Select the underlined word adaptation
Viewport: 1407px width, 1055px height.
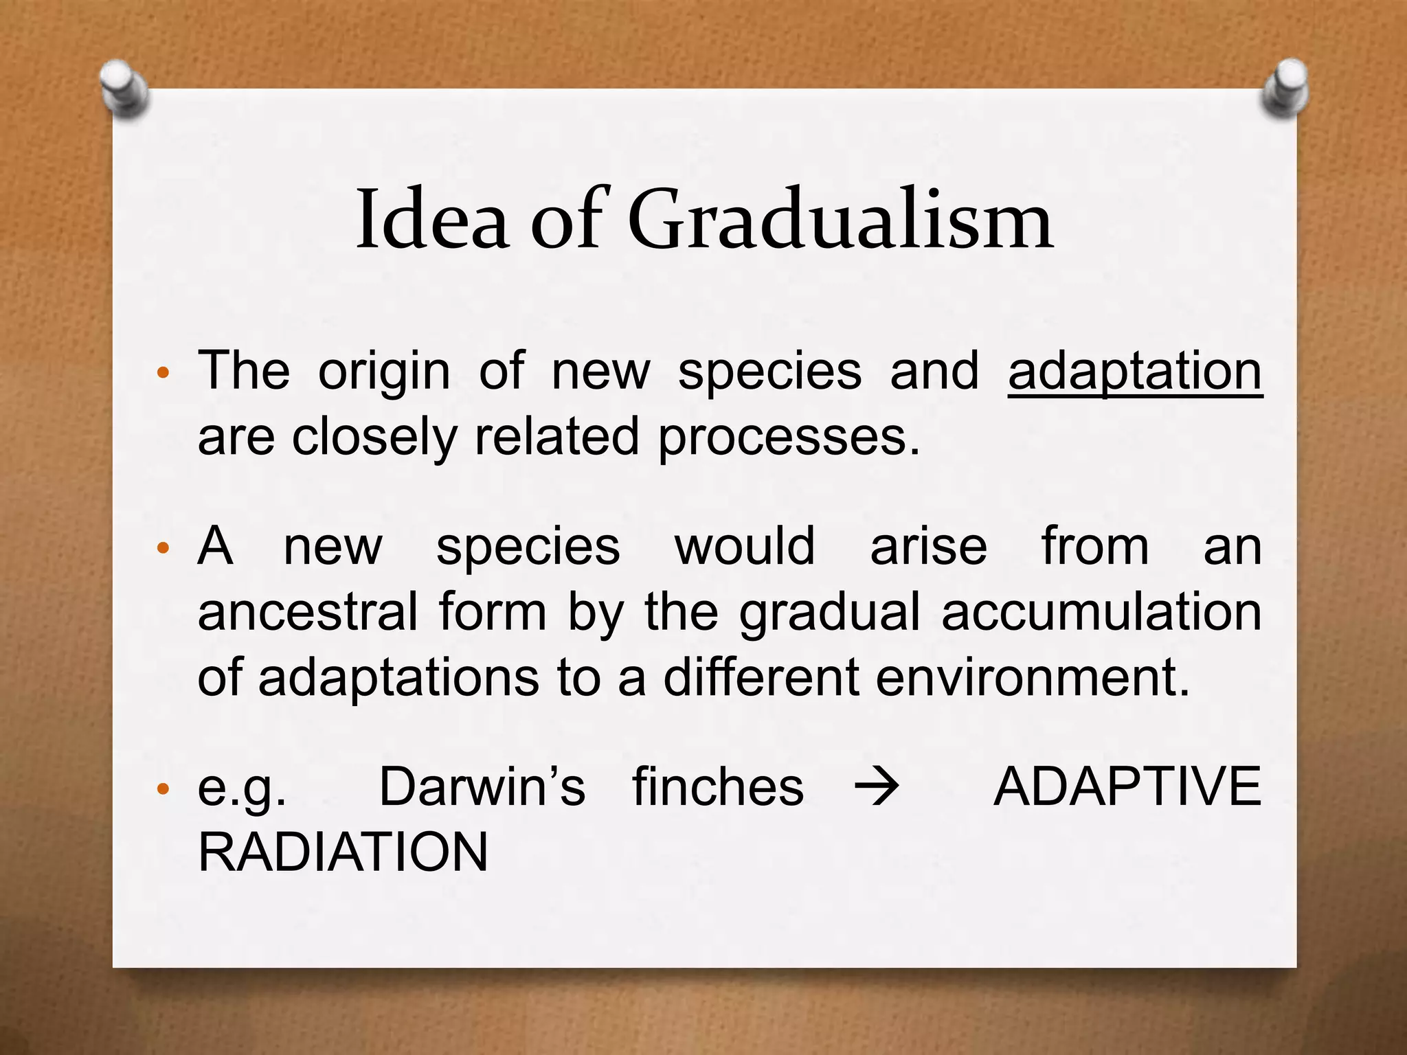pyautogui.click(x=1135, y=372)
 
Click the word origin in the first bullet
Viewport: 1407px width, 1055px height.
pyautogui.click(x=384, y=372)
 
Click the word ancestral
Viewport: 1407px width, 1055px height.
pyautogui.click(x=308, y=611)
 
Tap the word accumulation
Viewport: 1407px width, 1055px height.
pyautogui.click(x=1101, y=611)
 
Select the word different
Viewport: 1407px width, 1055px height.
pyautogui.click(x=761, y=677)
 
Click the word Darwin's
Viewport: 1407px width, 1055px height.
pyautogui.click(x=482, y=786)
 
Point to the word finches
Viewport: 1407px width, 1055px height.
pyautogui.click(x=718, y=786)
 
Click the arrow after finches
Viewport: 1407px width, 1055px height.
pyautogui.click(x=876, y=788)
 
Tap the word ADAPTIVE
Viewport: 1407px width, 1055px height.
pyautogui.click(x=1127, y=786)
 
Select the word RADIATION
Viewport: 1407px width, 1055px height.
pyautogui.click(x=343, y=852)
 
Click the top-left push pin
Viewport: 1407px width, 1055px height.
pyautogui.click(x=124, y=89)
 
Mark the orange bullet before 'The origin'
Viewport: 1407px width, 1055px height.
pyautogui.click(x=163, y=374)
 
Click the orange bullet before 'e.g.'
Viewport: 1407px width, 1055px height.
pyautogui.click(x=163, y=789)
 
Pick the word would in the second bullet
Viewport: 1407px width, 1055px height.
pyautogui.click(x=745, y=547)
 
